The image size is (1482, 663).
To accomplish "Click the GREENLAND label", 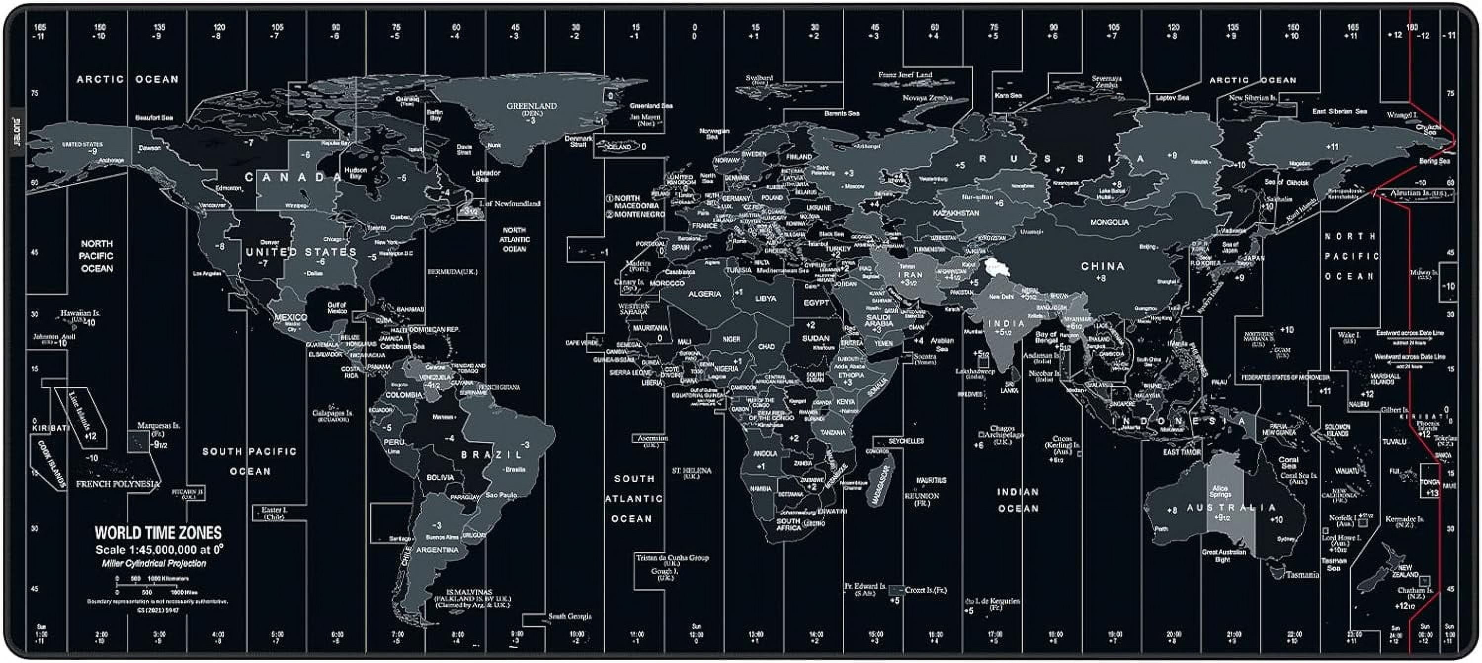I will [x=531, y=106].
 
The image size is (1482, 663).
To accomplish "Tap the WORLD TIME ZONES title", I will [x=158, y=533].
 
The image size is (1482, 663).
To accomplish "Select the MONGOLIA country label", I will [x=1109, y=222].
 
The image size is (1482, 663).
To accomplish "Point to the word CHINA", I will [x=1102, y=266].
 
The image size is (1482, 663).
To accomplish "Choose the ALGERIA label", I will [x=704, y=294].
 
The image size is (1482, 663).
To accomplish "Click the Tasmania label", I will [x=1302, y=575].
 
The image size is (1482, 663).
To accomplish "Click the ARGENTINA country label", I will [x=437, y=550].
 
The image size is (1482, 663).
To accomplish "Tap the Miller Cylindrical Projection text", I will [x=154, y=563].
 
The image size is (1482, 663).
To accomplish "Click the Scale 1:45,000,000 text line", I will [x=159, y=550].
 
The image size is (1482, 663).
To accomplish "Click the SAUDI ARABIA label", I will [x=878, y=321].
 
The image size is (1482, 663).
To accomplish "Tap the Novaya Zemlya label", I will [x=927, y=98].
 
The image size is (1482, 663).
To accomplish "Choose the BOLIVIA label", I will [x=440, y=477].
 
